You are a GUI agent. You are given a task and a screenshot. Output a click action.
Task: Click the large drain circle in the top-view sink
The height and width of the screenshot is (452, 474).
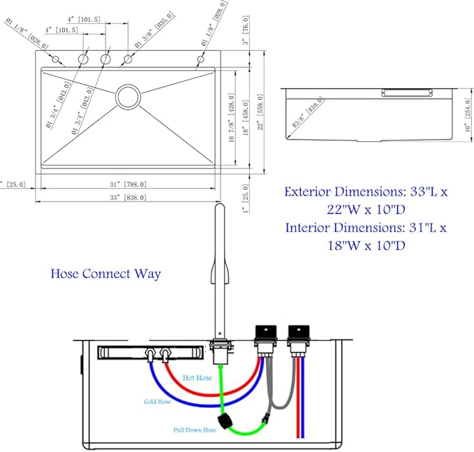click(x=128, y=96)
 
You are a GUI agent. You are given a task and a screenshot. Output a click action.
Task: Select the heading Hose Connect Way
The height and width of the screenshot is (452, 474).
click(x=105, y=273)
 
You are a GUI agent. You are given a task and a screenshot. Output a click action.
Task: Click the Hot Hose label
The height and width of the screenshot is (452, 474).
click(x=197, y=378)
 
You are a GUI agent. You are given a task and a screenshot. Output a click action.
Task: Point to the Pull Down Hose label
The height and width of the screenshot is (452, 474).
click(x=195, y=430)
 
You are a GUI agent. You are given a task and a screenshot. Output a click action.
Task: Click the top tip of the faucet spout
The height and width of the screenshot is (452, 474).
click(x=219, y=207)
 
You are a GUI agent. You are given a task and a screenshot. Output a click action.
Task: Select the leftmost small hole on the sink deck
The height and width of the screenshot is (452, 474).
click(x=55, y=59)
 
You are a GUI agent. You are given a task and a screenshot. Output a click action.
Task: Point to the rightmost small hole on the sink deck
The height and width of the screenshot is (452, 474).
click(x=200, y=60)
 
